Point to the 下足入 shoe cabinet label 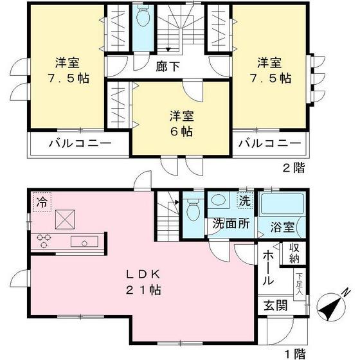click(x=300, y=283)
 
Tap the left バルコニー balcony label click(x=80, y=143)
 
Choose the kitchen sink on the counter click(x=84, y=241)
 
